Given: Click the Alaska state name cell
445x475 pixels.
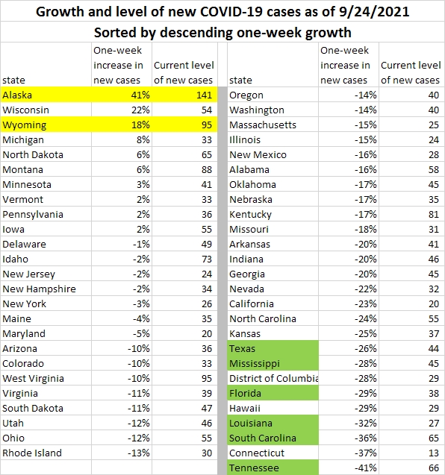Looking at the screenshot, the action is click(x=46, y=95).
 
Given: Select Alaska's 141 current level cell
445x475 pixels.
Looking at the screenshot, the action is click(x=184, y=95).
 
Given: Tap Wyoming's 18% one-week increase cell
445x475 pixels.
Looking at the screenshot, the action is click(x=122, y=125).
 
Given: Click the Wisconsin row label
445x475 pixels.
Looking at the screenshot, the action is click(x=25, y=110).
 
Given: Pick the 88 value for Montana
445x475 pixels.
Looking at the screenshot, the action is click(x=207, y=170).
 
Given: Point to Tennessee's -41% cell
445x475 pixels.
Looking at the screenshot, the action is click(x=349, y=468).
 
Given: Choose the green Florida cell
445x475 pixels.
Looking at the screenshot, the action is click(x=273, y=393).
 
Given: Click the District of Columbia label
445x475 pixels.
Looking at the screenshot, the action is click(x=274, y=378).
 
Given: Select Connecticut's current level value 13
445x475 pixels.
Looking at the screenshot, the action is click(x=434, y=453).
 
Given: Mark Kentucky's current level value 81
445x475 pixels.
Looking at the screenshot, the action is click(x=434, y=215).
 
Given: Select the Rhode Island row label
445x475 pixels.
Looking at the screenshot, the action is click(x=32, y=453).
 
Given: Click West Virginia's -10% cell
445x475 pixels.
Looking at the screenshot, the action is click(x=122, y=378).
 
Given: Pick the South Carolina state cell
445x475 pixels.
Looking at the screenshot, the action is click(x=273, y=438).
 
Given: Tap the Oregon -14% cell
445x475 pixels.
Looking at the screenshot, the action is click(x=349, y=95).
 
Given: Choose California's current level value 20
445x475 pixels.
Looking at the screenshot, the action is click(x=434, y=303).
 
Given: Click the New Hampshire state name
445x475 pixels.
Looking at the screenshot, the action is click(x=39, y=289).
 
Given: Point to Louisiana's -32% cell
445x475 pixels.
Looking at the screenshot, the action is click(x=349, y=424).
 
